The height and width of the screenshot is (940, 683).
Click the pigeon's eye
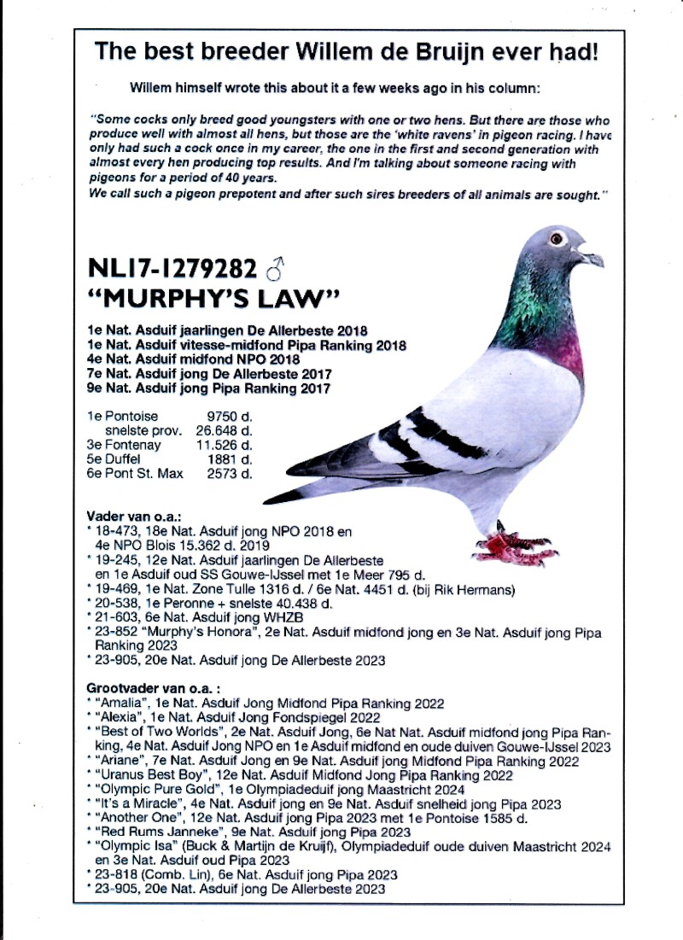(x=557, y=237)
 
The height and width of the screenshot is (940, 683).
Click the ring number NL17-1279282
(x=172, y=270)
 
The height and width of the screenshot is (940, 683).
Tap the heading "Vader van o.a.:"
(x=133, y=517)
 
